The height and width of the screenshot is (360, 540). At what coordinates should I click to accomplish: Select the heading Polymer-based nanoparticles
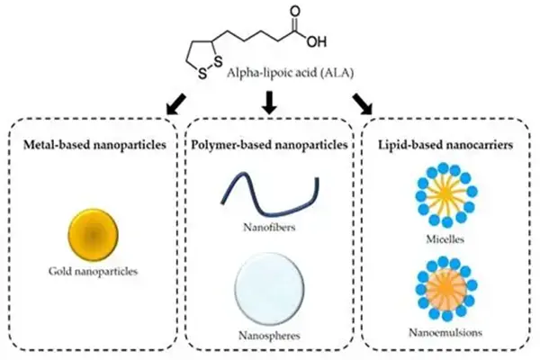(x=271, y=147)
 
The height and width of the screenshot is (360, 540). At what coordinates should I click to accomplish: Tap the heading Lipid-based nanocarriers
(x=442, y=147)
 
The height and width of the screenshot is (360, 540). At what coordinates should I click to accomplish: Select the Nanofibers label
(x=270, y=229)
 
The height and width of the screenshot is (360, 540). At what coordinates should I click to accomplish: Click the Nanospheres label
(x=271, y=335)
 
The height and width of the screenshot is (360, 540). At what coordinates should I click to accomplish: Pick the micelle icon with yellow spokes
(x=441, y=198)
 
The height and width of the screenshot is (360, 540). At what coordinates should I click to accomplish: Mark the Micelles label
(x=441, y=241)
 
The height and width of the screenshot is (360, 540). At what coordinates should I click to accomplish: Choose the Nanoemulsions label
(x=442, y=331)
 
